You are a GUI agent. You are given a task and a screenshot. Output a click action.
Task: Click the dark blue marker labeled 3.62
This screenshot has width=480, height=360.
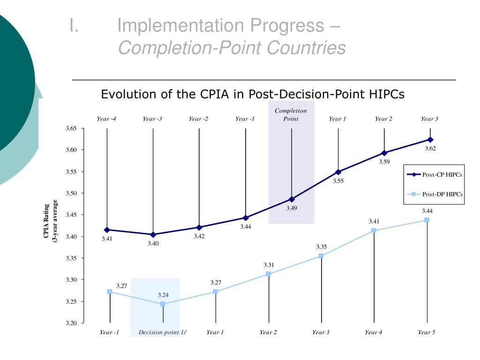[430, 140]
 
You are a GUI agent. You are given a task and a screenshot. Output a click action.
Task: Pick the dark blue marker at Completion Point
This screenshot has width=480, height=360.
[292, 199]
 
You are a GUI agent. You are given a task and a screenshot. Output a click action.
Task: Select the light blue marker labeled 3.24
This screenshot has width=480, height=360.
[163, 304]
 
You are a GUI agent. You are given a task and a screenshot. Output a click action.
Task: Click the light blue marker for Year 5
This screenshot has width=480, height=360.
[427, 220]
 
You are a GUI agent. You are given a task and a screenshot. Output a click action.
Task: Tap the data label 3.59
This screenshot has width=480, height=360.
[384, 162]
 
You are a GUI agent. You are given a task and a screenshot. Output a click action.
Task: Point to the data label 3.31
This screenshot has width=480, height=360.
[269, 265]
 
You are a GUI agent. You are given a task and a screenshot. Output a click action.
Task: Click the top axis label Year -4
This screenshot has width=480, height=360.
[106, 119]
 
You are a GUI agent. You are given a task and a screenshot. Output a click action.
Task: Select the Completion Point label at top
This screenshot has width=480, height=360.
[291, 115]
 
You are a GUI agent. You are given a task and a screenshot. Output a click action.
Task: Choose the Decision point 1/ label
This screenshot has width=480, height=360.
[162, 332]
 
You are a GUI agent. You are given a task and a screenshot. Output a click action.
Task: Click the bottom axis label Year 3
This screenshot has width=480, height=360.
[321, 332]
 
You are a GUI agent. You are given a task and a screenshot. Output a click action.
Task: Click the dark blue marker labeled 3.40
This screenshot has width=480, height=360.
[153, 234]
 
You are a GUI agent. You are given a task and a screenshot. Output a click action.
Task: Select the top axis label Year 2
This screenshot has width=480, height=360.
[383, 119]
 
